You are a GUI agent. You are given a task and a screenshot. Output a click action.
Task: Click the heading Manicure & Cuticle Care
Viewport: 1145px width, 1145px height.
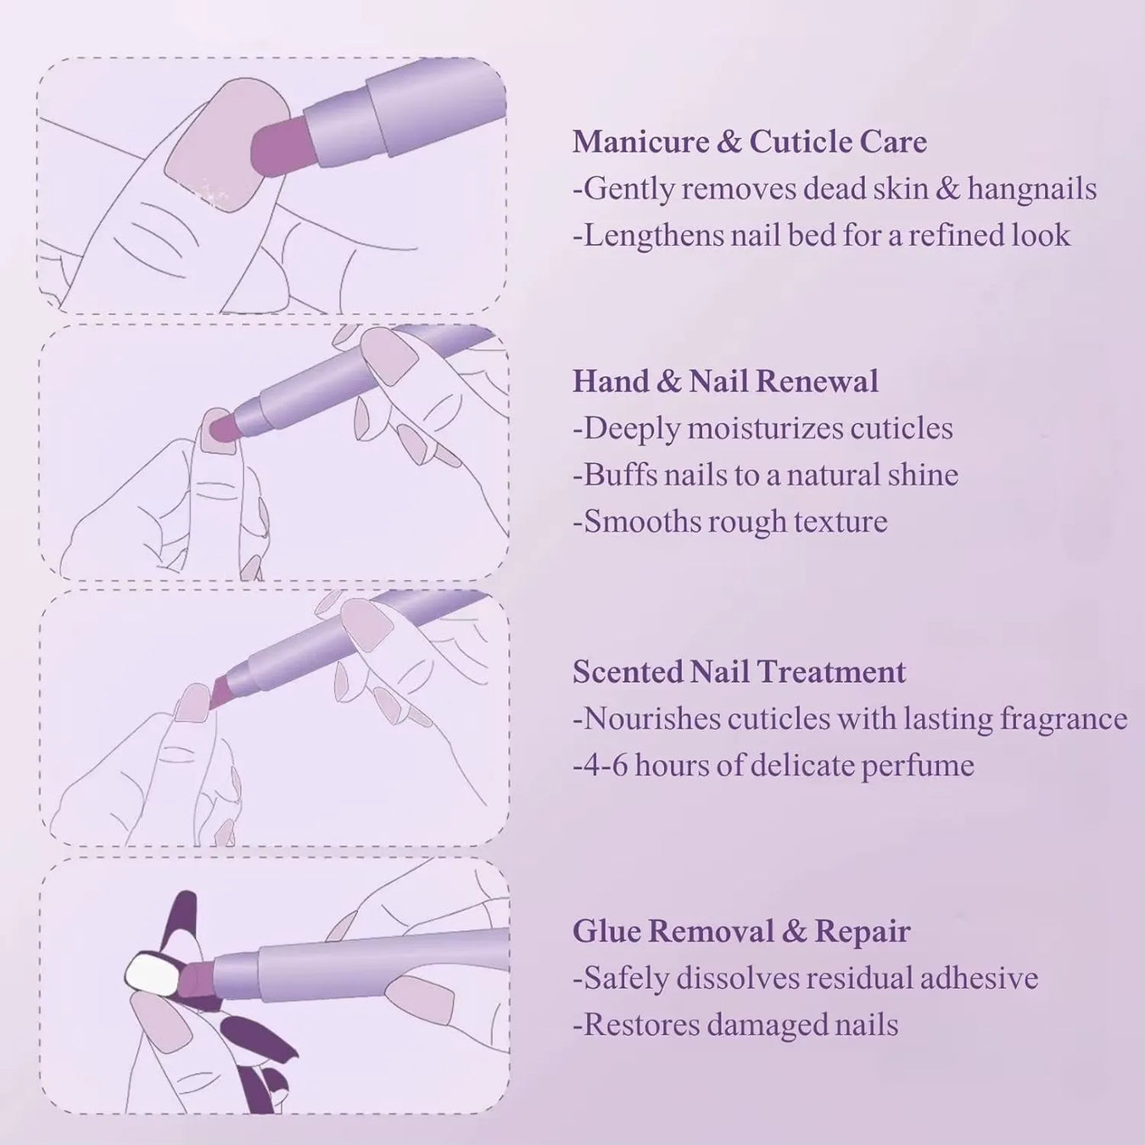coord(749,142)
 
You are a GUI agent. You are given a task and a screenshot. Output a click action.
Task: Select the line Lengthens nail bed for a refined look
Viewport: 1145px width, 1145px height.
coord(821,235)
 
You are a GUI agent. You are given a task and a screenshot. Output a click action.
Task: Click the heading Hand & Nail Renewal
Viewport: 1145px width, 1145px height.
coord(725,382)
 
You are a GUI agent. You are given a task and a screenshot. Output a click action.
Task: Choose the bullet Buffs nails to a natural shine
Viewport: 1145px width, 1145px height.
coord(765,475)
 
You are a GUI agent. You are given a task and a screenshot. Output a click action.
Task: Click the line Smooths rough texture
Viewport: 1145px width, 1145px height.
coord(730,521)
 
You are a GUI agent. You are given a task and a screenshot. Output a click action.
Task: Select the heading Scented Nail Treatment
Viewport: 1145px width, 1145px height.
coord(739,672)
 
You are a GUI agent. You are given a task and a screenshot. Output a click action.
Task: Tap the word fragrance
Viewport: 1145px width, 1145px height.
coord(1063,719)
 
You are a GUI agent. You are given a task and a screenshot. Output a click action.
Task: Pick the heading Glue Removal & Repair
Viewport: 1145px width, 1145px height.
coord(740,931)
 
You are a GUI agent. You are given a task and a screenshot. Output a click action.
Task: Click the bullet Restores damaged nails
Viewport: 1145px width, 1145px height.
coord(735,1025)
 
